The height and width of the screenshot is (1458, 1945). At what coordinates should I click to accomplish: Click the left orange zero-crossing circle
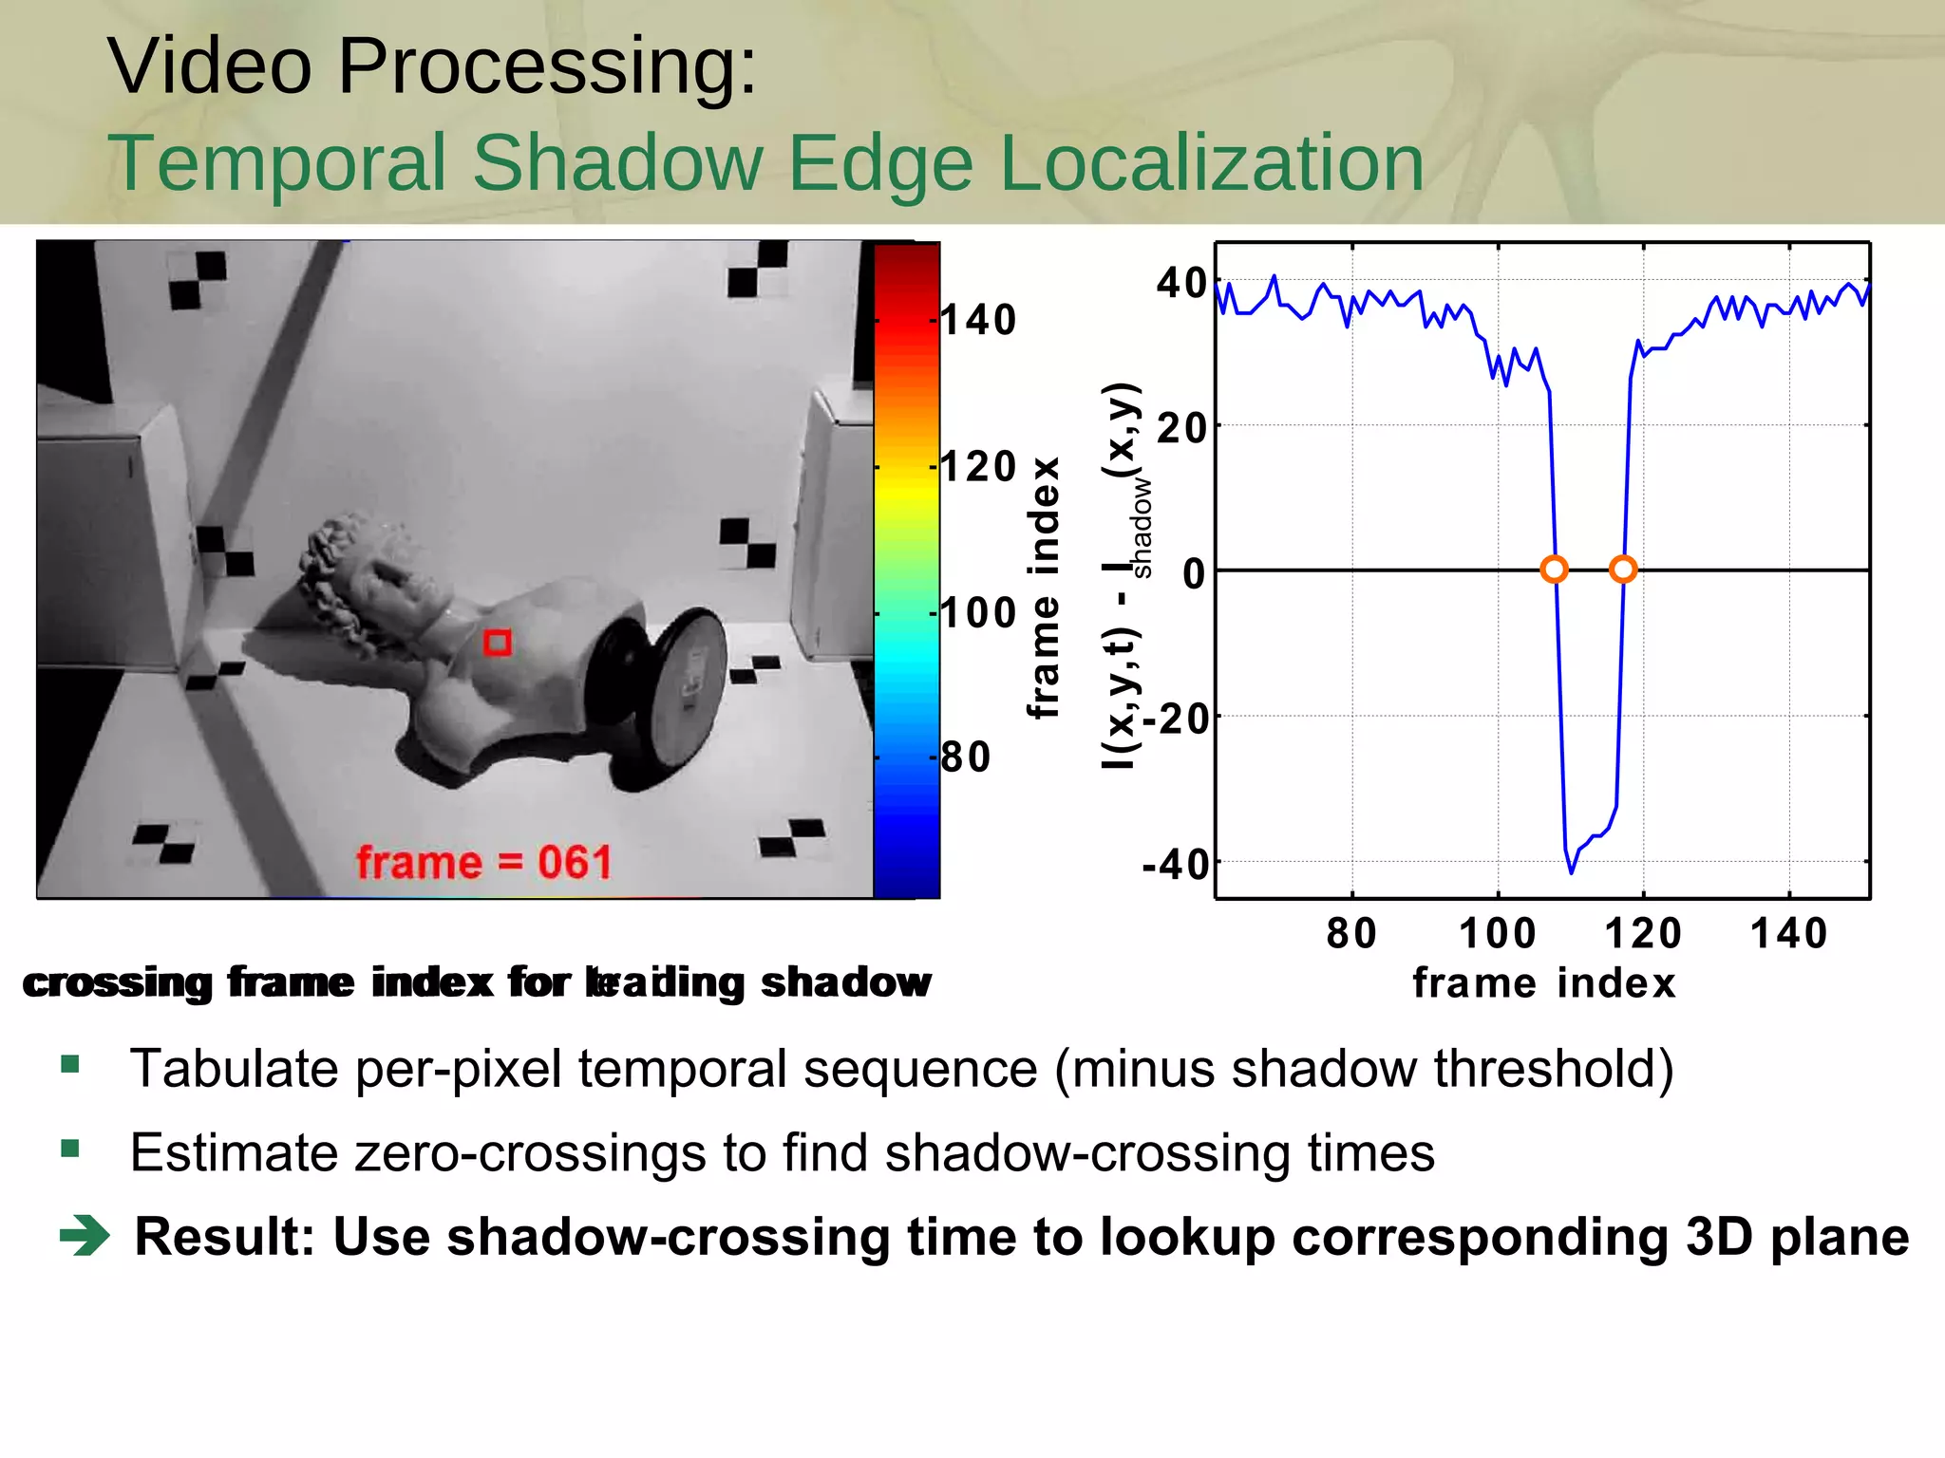[1554, 570]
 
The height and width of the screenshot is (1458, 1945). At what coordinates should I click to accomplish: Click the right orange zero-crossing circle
[1623, 570]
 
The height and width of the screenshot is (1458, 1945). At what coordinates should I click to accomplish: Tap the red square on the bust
[498, 643]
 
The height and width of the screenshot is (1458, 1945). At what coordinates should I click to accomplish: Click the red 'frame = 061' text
[483, 863]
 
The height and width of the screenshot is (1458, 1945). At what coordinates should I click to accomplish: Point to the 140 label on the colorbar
[978, 321]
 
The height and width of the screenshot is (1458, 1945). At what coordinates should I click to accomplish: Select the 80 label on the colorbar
[966, 757]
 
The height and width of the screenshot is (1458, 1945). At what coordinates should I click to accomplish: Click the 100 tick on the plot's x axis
[1498, 934]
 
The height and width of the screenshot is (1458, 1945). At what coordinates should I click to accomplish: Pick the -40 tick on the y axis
[1176, 865]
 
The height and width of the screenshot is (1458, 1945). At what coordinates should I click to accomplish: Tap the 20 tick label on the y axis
[1181, 429]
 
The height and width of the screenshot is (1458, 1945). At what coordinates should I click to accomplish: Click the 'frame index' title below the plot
[1544, 983]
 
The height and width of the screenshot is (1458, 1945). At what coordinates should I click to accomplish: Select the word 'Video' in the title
[209, 65]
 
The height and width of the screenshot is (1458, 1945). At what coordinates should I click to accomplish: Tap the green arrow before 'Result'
[85, 1236]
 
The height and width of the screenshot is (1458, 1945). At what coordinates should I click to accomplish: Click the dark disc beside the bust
[655, 698]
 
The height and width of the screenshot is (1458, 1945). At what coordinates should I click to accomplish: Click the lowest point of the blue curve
[1571, 871]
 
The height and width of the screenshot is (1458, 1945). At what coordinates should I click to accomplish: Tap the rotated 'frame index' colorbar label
[1044, 589]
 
